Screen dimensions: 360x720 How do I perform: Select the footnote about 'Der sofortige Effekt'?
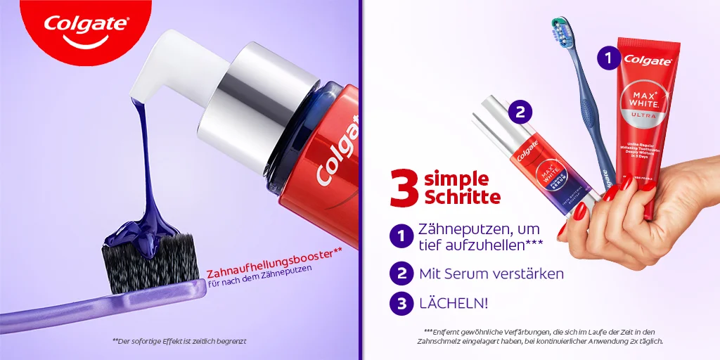pos(179,341)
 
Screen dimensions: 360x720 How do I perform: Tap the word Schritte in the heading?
pos(462,197)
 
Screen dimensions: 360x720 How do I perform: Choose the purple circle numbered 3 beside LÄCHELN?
pos(401,304)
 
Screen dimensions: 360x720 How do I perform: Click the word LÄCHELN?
pos(453,304)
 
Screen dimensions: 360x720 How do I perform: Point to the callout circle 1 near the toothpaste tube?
pos(609,58)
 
